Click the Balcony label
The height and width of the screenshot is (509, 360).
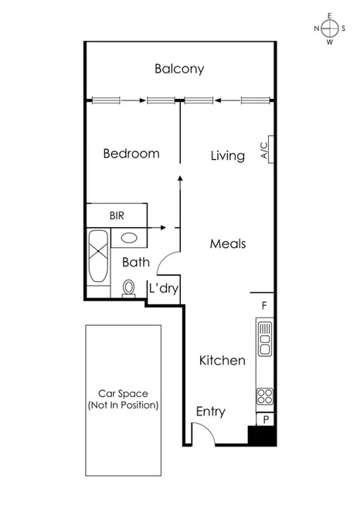click(x=179, y=69)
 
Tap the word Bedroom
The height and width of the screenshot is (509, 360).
click(x=131, y=154)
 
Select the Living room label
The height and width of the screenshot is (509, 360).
click(x=228, y=156)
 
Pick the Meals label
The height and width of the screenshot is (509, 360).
click(x=228, y=244)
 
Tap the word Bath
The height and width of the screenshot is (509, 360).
click(x=135, y=263)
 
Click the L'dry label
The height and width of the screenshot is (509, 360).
click(x=164, y=288)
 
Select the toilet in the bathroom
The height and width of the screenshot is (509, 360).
click(x=130, y=287)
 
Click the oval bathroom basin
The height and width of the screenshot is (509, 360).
click(x=130, y=239)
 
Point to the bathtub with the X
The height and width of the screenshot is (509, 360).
click(x=98, y=256)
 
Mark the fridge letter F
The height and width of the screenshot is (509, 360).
click(x=264, y=305)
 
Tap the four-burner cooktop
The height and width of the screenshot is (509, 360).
click(x=265, y=395)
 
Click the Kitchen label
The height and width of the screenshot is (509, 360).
click(x=222, y=361)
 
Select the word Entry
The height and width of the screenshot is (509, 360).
click(x=210, y=412)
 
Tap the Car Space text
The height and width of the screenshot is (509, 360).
click(x=124, y=399)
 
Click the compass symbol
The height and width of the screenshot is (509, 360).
click(x=330, y=29)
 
